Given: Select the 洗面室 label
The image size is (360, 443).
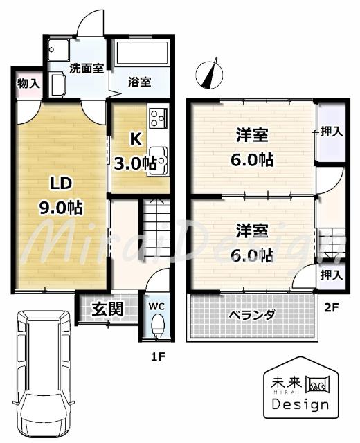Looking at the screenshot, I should [x=87, y=69].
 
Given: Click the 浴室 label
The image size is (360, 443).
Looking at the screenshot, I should [x=139, y=82].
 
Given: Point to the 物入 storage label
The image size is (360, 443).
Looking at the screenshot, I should [x=28, y=84].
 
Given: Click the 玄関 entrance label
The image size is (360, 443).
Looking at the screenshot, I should [x=109, y=308].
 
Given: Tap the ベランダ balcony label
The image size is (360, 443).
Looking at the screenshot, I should [x=252, y=315].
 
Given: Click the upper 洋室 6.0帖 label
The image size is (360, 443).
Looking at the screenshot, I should [x=251, y=147].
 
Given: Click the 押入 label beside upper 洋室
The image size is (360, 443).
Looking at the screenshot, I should [x=331, y=132].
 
